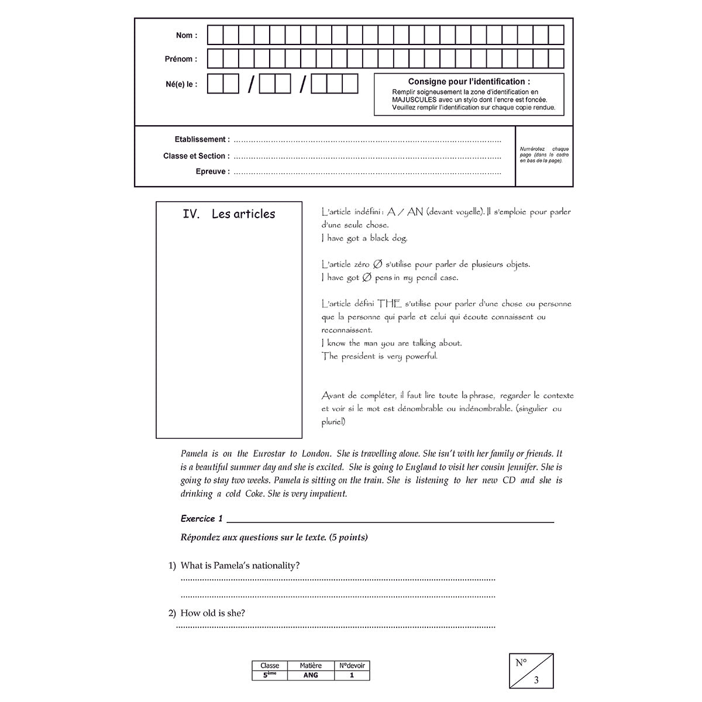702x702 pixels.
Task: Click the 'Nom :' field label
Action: (187, 36)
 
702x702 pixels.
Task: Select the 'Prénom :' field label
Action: (181, 59)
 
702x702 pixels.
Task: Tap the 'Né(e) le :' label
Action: (181, 84)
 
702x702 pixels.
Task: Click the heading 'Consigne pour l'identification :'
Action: (469, 82)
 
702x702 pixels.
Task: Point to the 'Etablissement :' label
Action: (202, 140)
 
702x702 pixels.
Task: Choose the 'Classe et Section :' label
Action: (196, 156)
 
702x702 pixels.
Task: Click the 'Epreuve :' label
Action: (212, 172)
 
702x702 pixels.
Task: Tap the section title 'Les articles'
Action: (243, 214)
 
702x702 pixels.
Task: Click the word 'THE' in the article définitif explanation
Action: (389, 304)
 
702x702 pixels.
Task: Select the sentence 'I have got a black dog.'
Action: (364, 238)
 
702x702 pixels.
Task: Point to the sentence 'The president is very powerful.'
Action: (379, 356)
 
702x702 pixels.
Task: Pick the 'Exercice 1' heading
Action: (202, 519)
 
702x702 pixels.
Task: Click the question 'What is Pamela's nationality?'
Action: (240, 566)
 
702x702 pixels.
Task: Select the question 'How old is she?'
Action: (212, 613)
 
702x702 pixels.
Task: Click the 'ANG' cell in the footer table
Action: (311, 675)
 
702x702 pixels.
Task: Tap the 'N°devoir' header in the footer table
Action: (352, 666)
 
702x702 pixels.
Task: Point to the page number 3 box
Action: (531, 671)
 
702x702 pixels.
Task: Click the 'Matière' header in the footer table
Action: (311, 666)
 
